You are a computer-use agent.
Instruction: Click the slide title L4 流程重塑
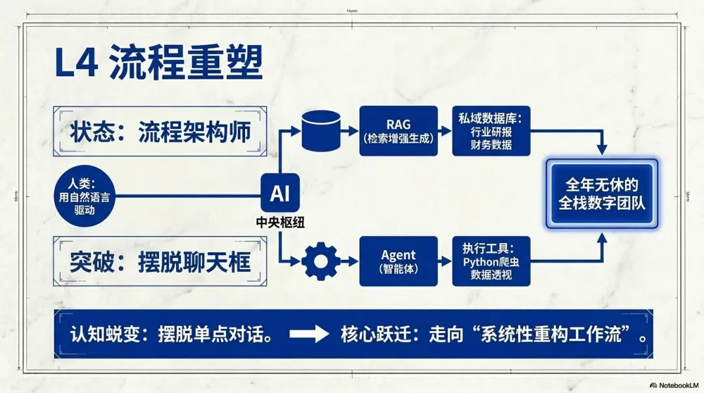point(159,65)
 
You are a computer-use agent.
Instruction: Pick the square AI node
point(280,194)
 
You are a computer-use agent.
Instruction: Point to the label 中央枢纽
point(280,222)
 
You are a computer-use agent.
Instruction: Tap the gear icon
point(321,261)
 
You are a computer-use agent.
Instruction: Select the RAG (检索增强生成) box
point(398,130)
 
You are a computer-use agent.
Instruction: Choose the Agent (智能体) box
point(398,261)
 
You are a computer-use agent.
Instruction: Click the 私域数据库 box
point(491,130)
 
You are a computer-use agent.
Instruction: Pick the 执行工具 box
point(491,261)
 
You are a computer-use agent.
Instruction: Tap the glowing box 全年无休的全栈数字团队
point(601,194)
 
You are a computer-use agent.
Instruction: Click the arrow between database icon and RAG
point(351,130)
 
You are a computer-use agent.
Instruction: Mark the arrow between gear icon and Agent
point(350,261)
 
